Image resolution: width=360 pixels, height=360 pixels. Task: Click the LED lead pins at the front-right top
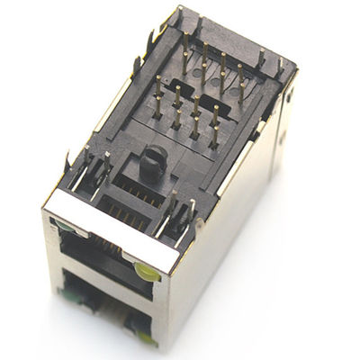tap(184, 216)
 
